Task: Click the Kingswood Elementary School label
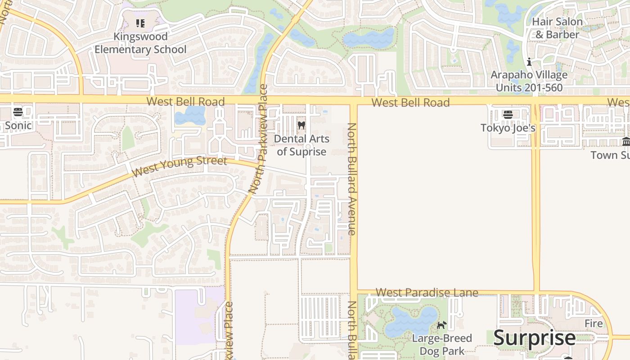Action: coord(140,43)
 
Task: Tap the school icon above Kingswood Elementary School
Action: coord(140,23)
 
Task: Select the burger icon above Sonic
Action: coord(18,112)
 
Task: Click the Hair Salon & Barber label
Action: coord(557,28)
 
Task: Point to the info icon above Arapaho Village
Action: coord(529,62)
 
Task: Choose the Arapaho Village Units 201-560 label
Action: coord(529,81)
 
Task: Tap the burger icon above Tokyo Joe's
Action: coord(508,114)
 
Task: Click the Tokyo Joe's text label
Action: coord(508,128)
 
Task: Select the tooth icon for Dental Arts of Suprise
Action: coord(301,125)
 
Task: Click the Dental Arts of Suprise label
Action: coord(301,145)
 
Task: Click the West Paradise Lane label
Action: coord(427,293)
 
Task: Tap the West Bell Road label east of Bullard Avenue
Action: coord(410,103)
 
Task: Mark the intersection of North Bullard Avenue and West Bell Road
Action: coord(353,100)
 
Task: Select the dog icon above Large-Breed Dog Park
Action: coord(441,325)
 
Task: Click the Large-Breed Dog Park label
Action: coord(442,344)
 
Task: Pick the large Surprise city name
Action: coord(534,337)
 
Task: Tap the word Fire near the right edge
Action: coord(594,324)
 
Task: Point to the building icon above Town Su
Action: coord(626,142)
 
